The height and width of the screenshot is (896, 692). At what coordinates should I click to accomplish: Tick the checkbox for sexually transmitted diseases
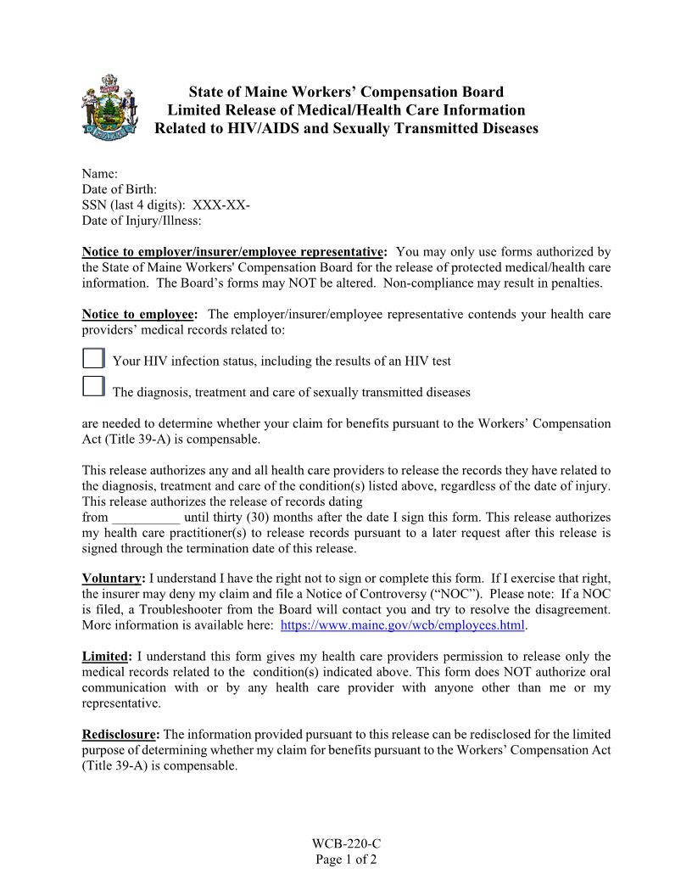coord(93,387)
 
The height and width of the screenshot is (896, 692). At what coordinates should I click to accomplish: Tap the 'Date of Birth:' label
coord(119,189)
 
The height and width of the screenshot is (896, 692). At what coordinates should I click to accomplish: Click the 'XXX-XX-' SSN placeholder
coord(221,205)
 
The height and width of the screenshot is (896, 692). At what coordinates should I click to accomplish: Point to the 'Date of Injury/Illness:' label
coord(142,221)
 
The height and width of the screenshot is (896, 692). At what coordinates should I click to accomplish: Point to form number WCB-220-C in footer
coord(346,843)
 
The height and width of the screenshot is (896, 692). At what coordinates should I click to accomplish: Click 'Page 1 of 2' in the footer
coord(346,859)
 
